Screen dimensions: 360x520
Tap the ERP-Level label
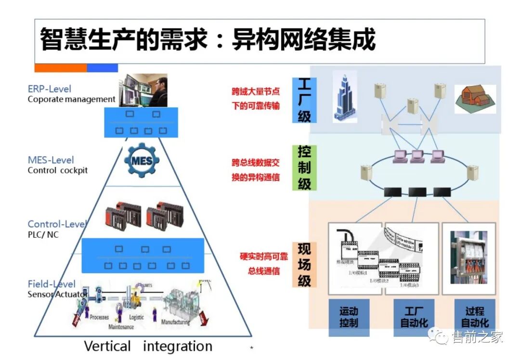50,89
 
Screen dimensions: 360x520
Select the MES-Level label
51,160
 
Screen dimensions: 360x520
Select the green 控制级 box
304,167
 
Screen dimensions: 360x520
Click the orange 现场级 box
304,265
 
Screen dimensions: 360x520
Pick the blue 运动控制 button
349,317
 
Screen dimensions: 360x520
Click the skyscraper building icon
345,97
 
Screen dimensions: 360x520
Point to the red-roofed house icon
475,99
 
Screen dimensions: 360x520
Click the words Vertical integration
148,346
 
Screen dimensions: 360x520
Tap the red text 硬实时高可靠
263,256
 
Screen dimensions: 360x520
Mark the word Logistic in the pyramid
137,317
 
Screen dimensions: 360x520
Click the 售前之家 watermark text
477,337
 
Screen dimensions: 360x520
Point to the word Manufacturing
175,322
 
